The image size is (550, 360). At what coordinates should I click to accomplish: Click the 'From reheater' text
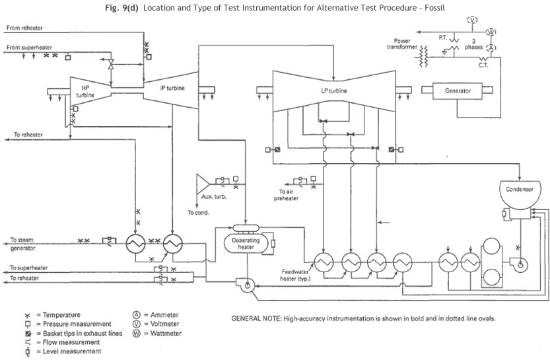tap(23, 29)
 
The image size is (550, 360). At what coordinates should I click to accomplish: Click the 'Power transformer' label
tap(403, 44)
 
